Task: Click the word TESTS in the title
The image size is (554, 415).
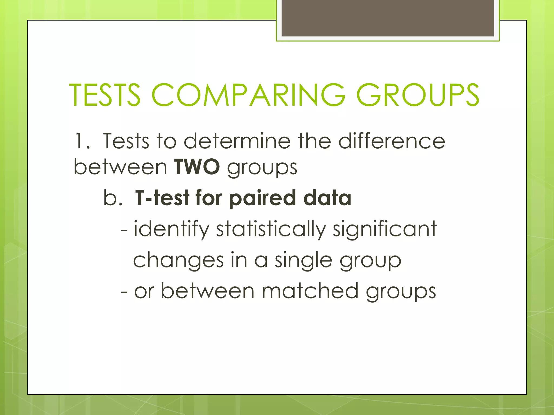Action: pyautogui.click(x=105, y=95)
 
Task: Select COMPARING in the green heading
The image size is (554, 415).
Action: pyautogui.click(x=248, y=95)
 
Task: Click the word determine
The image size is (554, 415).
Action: pyautogui.click(x=237, y=141)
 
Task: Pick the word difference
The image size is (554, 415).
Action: pyautogui.click(x=391, y=141)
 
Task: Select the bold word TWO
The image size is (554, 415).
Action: pyautogui.click(x=197, y=167)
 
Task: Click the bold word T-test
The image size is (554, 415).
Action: pyautogui.click(x=162, y=198)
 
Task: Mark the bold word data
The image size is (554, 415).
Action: pyautogui.click(x=327, y=198)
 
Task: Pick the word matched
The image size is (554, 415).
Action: pyautogui.click(x=310, y=291)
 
